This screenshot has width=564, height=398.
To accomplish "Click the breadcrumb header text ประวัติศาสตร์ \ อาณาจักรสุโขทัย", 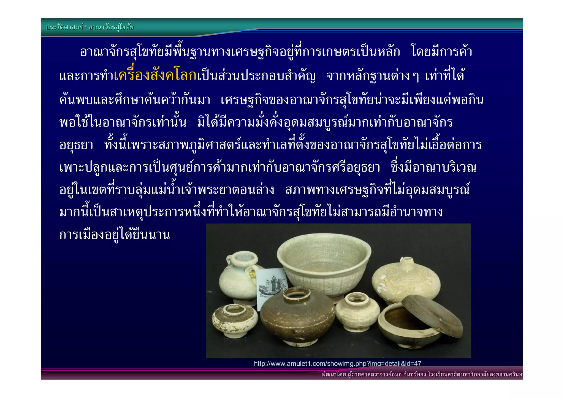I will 90,27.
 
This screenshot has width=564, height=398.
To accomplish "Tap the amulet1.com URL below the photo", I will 337,363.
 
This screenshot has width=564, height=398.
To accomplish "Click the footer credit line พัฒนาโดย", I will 421,374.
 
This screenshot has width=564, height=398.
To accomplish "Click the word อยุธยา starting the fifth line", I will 76,145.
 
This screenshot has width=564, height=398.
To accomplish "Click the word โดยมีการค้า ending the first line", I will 441,51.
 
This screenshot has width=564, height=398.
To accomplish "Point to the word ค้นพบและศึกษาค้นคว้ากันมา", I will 135,100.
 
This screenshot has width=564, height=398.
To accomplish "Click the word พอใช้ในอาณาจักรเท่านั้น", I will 123,122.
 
